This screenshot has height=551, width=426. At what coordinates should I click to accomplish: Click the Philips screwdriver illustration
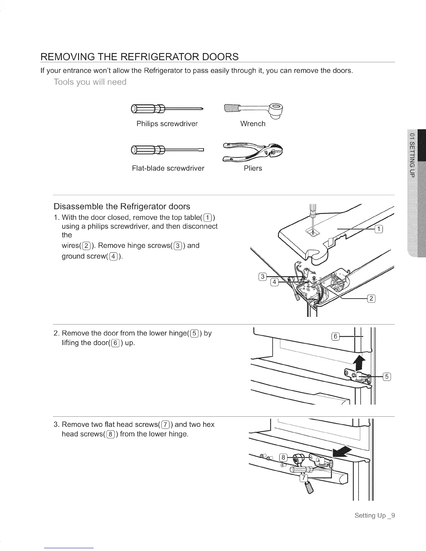pos(166,109)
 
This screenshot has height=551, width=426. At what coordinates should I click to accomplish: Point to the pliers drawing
pos(253,151)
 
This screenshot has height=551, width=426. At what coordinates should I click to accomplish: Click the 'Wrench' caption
pos(253,124)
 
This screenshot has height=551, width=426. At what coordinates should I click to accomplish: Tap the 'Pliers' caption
pos(253,168)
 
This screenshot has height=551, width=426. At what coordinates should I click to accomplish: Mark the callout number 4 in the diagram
pos(274,282)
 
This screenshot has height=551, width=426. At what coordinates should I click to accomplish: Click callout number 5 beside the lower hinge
pos(387,376)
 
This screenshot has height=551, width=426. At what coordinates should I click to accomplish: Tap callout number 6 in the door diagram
pos(335,336)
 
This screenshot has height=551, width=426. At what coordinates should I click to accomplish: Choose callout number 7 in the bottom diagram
pos(304,479)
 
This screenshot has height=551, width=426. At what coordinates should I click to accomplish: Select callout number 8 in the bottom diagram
pos(284,457)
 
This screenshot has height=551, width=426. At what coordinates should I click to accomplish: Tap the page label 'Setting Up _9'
pos(374,516)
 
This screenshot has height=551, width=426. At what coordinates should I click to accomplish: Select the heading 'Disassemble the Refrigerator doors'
pos(122,207)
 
